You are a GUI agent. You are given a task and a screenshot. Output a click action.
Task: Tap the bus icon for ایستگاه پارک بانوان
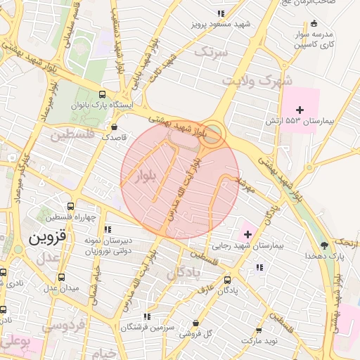pos(103,95)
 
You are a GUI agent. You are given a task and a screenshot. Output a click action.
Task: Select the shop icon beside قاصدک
pos(114,127)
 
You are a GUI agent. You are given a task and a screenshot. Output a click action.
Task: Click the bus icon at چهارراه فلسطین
pos(70,206)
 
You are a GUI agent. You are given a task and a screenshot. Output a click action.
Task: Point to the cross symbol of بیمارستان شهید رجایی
pos(247,233)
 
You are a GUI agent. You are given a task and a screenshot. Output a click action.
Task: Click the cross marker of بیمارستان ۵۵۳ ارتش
pos(300,110)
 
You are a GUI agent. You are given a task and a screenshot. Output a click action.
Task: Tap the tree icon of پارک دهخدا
pos(324,245)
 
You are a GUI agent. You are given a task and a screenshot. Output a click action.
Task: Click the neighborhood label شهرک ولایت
pos(257,80)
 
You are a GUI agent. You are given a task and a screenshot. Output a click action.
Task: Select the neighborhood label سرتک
pos(212,51)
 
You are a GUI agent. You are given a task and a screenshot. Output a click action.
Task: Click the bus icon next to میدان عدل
pos(62,277)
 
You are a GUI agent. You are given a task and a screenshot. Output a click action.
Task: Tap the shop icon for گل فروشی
pos(195,323)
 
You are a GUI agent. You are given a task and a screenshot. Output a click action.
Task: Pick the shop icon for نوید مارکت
pos(259,330)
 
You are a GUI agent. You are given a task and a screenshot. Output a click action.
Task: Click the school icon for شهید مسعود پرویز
pos(221,13)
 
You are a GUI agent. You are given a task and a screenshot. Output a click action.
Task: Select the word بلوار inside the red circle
pos(147,175)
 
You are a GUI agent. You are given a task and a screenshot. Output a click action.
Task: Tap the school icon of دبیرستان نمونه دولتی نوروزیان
pos(107,229)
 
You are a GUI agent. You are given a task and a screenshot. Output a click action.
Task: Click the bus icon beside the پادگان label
pos(226,279)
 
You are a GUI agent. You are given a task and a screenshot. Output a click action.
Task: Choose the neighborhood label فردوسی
pos(64,326)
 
